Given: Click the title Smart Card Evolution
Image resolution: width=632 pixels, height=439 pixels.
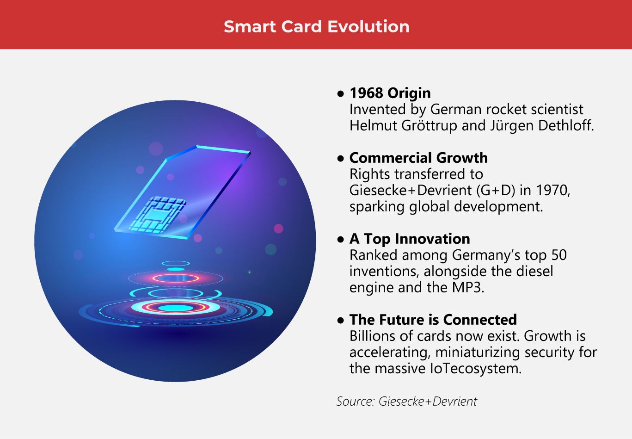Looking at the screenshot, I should point(316,26).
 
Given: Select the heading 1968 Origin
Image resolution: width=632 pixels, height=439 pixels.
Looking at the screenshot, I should point(390,93).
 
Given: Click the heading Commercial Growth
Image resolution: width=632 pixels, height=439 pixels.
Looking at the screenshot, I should point(418,158).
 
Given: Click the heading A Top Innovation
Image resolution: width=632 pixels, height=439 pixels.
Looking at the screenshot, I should point(410,239).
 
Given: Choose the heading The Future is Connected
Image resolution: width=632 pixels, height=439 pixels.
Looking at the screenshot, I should point(433,320).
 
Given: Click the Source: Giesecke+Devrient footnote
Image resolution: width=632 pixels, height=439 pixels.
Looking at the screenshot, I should point(406,401).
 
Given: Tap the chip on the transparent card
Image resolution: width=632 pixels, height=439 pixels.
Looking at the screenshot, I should point(157,214).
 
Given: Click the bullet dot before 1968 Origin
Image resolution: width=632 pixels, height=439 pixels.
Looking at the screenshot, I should point(341,93).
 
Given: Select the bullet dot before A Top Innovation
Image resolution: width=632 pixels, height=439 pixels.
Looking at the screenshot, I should point(341,239).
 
